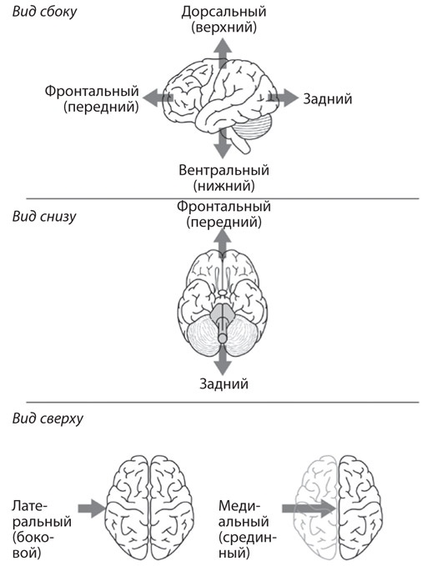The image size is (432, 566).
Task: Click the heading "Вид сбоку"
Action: point(45,12)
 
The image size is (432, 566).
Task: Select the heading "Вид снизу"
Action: point(44,217)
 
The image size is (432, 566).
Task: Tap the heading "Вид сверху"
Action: point(48,418)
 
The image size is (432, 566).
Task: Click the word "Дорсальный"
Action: point(224,12)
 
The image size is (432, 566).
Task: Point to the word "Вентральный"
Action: point(224,170)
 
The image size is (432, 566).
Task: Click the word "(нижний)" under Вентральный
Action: point(224,186)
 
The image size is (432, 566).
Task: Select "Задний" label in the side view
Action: point(328,99)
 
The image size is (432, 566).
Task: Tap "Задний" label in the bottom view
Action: point(224,383)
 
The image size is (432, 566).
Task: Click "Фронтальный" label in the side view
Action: point(92,91)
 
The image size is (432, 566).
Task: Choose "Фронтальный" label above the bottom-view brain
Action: point(224,207)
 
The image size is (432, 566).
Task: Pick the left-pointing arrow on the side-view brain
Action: point(158,98)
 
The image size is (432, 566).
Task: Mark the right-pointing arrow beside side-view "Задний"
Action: point(284,98)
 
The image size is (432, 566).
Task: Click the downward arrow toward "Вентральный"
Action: point(222,143)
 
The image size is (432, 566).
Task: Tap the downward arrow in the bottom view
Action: point(222,360)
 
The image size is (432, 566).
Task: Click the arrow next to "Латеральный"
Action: point(92,508)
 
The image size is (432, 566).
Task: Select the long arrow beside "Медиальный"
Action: point(309,508)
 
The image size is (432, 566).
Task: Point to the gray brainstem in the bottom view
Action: point(222,319)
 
